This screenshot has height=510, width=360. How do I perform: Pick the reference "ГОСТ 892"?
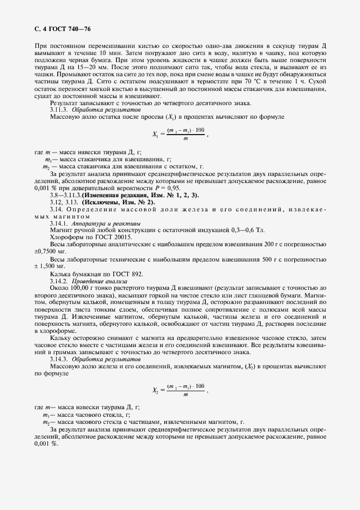(x=129, y=273)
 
